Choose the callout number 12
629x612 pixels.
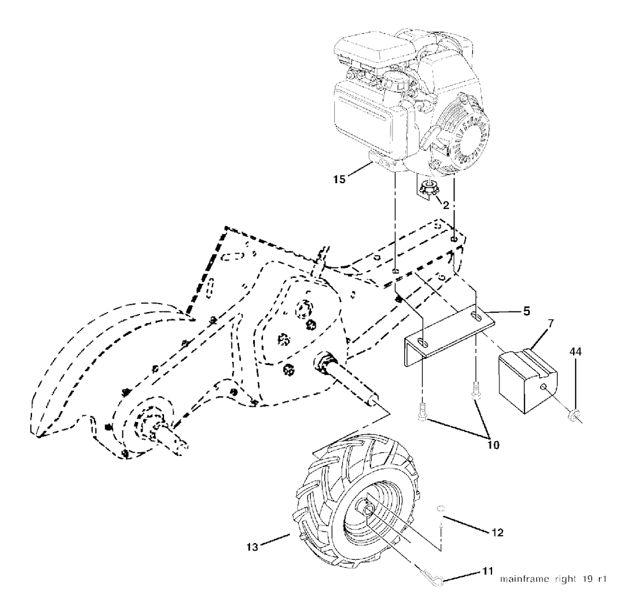[498, 533]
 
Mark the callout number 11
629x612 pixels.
[487, 572]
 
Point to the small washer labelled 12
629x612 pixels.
[440, 509]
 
